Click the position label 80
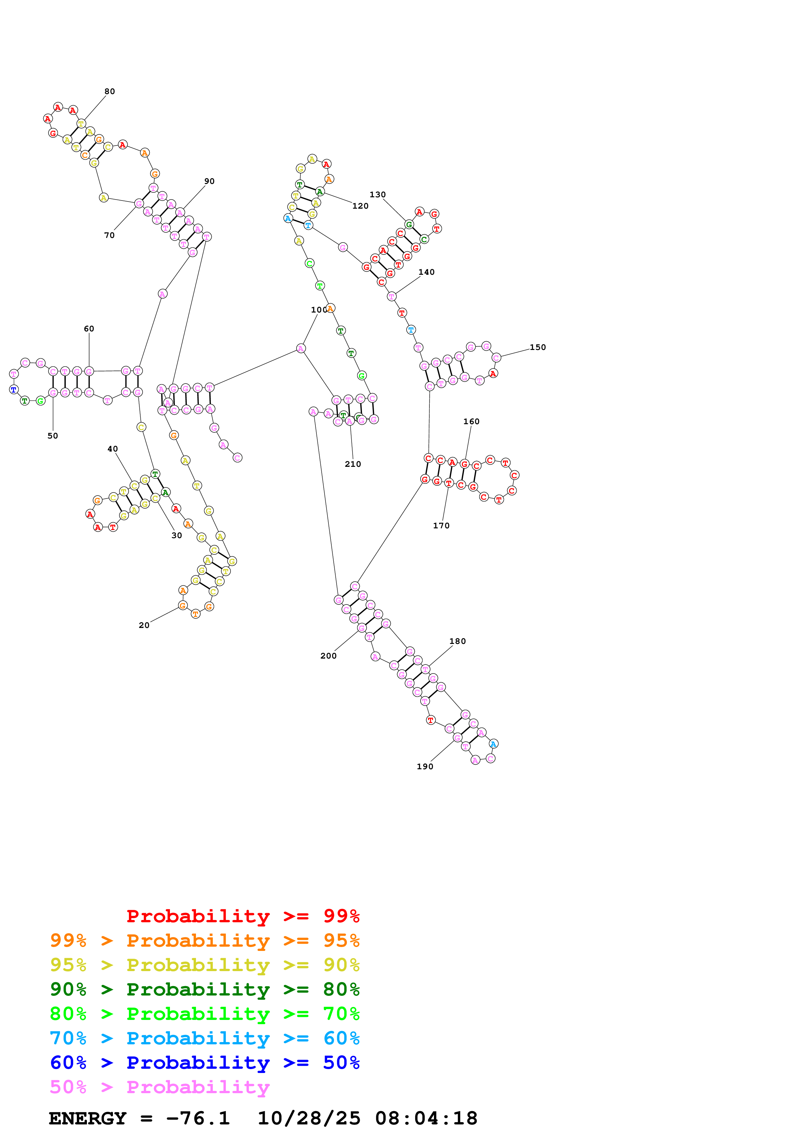point(109,91)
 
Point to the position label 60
point(89,329)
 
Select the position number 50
point(53,436)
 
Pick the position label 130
point(377,194)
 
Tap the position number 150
point(537,347)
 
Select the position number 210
point(353,464)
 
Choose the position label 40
point(113,449)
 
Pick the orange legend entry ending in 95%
point(205,940)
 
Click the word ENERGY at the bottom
point(88,1118)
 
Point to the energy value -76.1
point(198,1118)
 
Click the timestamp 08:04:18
point(426,1118)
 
